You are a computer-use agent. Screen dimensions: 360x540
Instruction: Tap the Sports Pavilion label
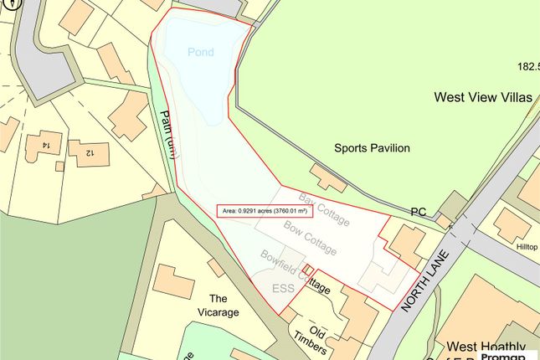pos(372,148)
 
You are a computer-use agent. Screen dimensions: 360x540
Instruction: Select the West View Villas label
pos(482,97)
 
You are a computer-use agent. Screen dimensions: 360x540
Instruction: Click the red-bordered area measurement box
pos(264,211)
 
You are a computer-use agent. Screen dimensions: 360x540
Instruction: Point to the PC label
pos(418,213)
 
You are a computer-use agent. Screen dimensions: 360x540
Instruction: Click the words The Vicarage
pos(219,306)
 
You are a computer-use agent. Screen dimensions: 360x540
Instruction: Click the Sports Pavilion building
pos(327,177)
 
